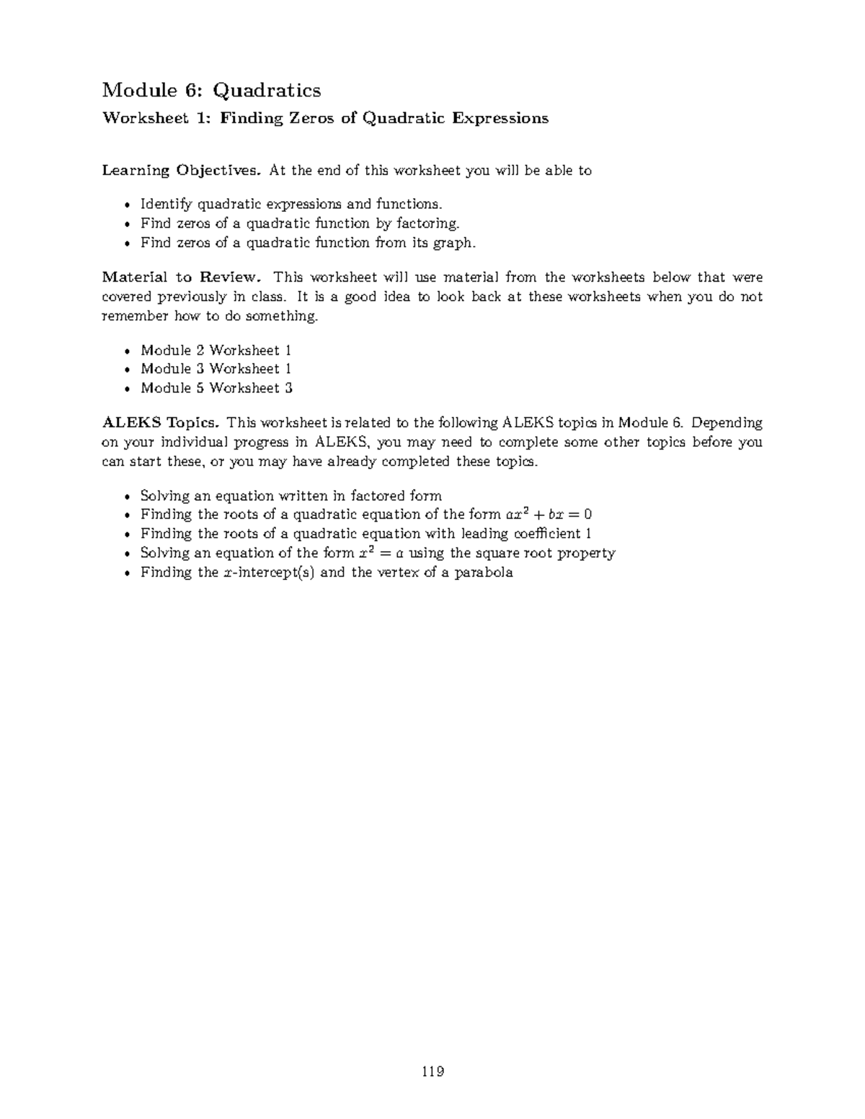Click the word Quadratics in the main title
coord(267,90)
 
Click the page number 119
coord(432,1071)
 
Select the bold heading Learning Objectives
coord(182,171)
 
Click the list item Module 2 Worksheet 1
coord(216,350)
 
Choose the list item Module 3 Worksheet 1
coord(216,369)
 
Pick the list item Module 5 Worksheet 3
coord(216,388)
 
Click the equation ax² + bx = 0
coord(548,514)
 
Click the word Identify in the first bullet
coord(162,205)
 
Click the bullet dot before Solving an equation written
coord(128,496)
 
